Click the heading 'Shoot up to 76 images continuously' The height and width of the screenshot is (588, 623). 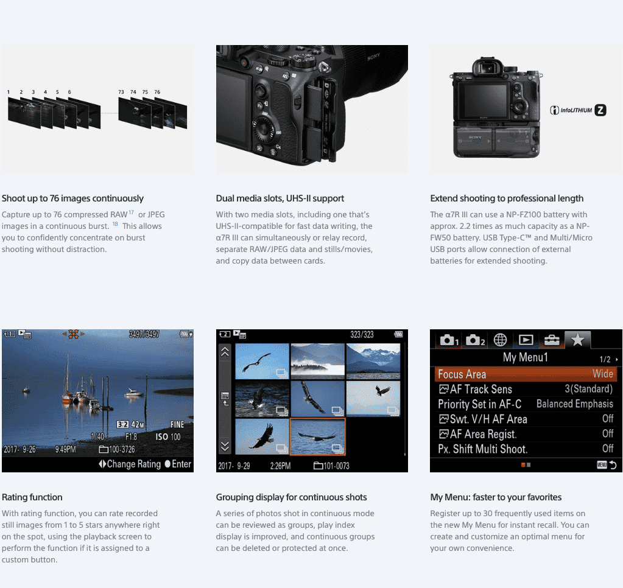tap(72, 198)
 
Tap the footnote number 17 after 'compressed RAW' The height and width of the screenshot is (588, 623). tap(131, 212)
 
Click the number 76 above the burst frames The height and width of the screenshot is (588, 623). tap(157, 92)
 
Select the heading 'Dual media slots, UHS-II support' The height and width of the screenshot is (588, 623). tap(280, 198)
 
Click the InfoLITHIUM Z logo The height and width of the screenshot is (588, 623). tap(578, 110)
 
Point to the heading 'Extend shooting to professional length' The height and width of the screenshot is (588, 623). tap(507, 198)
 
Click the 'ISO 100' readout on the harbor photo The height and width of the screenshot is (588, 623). tap(167, 436)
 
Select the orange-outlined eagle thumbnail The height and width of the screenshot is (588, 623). tap(318, 436)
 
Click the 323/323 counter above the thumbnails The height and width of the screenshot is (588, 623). tap(362, 334)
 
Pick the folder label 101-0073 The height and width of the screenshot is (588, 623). tap(332, 466)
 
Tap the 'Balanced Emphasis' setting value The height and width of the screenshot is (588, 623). tap(574, 404)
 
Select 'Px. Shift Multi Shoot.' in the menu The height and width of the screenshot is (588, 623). tap(482, 449)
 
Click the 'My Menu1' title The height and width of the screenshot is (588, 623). tap(525, 357)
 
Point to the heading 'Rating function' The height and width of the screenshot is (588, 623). tap(32, 497)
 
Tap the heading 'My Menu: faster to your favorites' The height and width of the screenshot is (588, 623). tap(496, 497)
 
